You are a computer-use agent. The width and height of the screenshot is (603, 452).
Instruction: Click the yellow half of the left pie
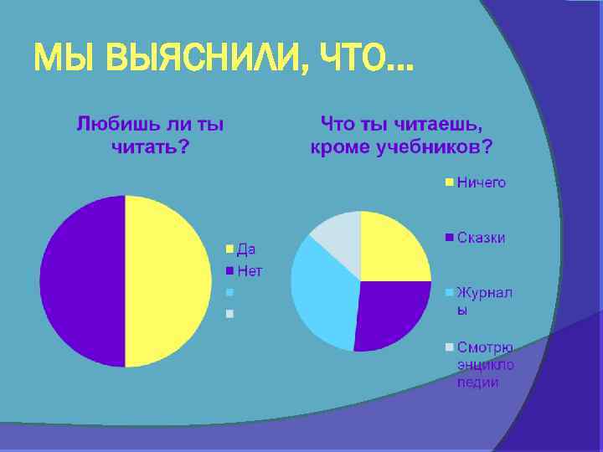click(167, 281)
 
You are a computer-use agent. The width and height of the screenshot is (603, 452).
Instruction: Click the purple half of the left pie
click(82, 281)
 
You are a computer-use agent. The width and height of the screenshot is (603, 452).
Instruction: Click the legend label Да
click(246, 249)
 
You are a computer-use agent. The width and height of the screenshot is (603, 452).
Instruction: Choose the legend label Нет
click(250, 270)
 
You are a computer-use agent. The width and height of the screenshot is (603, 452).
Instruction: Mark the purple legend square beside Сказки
click(449, 238)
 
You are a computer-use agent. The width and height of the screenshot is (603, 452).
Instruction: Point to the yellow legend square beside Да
click(230, 249)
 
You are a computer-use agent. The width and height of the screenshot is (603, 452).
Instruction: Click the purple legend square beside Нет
click(230, 271)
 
